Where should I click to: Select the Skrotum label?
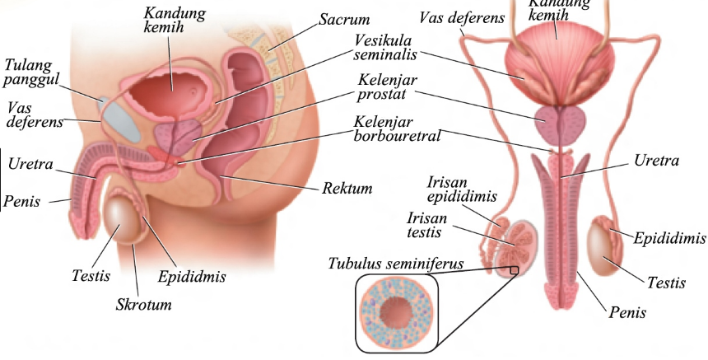point(142,305)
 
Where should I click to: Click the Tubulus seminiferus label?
point(395,264)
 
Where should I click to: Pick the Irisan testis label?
point(429,225)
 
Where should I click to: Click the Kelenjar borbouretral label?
point(394,128)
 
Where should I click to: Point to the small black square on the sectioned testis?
point(514,269)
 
